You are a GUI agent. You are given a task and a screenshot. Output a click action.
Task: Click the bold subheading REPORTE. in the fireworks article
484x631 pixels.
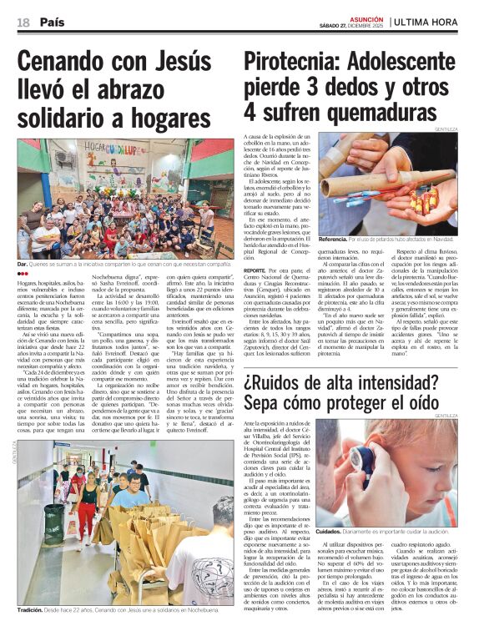[255, 271]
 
